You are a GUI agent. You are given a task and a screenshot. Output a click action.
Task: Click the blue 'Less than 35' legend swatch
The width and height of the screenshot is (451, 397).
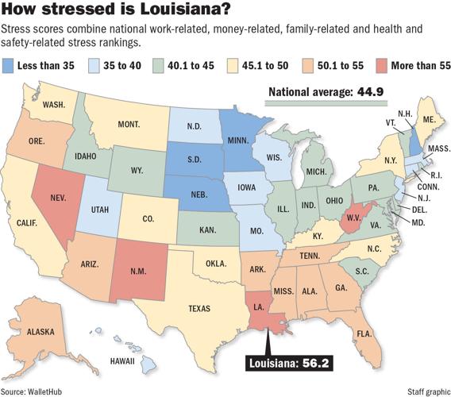8,66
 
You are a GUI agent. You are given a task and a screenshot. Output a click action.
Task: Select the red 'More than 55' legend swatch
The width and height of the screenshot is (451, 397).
382,66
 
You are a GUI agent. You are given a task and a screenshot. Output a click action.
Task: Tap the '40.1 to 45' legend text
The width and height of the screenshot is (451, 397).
191,66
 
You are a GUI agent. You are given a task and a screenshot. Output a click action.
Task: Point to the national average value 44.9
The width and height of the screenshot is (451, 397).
371,92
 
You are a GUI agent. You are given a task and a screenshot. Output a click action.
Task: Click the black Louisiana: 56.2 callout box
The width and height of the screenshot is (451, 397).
289,363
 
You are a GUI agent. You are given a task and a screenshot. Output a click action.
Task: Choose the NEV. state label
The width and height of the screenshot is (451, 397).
58,198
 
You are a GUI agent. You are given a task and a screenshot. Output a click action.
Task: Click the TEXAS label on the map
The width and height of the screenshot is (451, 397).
199,309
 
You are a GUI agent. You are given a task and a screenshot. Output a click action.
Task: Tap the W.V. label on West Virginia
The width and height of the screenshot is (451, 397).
354,218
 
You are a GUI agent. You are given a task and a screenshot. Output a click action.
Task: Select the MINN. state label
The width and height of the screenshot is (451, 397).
238,141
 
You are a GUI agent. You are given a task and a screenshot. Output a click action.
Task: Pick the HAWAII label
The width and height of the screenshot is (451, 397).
122,361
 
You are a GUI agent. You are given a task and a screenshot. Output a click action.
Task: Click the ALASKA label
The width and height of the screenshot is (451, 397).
40,332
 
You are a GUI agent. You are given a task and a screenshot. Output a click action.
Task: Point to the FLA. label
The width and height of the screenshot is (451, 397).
364,333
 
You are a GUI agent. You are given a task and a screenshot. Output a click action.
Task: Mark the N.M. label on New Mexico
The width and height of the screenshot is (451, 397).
138,272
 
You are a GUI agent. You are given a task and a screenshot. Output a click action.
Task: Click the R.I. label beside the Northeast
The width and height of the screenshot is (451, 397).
437,175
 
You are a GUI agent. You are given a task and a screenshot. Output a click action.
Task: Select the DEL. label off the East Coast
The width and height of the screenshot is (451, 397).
419,210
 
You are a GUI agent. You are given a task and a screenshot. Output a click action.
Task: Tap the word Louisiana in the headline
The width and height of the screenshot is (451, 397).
186,9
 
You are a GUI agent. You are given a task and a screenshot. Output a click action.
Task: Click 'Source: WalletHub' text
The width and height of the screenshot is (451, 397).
31,391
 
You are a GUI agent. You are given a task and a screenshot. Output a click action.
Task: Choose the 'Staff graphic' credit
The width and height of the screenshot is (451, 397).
429,391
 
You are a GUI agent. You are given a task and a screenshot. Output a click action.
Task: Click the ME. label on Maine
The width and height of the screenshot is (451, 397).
430,119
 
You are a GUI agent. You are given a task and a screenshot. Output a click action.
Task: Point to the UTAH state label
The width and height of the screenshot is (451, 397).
100,210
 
